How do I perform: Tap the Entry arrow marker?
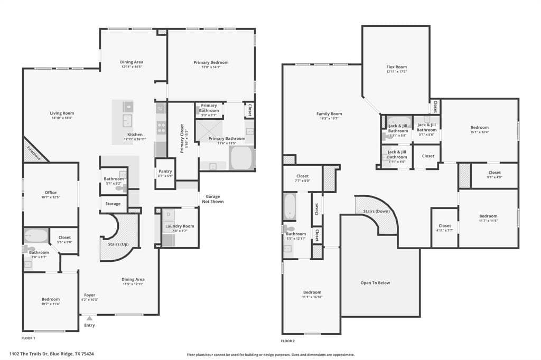(x=89, y=318)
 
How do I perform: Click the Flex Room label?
(x=396, y=67)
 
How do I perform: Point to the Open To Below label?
(x=375, y=283)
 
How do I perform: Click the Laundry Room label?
(x=179, y=226)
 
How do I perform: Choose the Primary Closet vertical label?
(x=182, y=138)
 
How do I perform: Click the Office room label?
(x=50, y=193)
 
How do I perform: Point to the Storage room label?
(x=113, y=204)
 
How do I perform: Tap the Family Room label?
(x=329, y=114)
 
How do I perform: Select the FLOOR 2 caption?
(x=288, y=340)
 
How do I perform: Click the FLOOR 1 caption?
(x=28, y=337)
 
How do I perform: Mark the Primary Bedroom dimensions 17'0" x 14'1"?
(x=211, y=67)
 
